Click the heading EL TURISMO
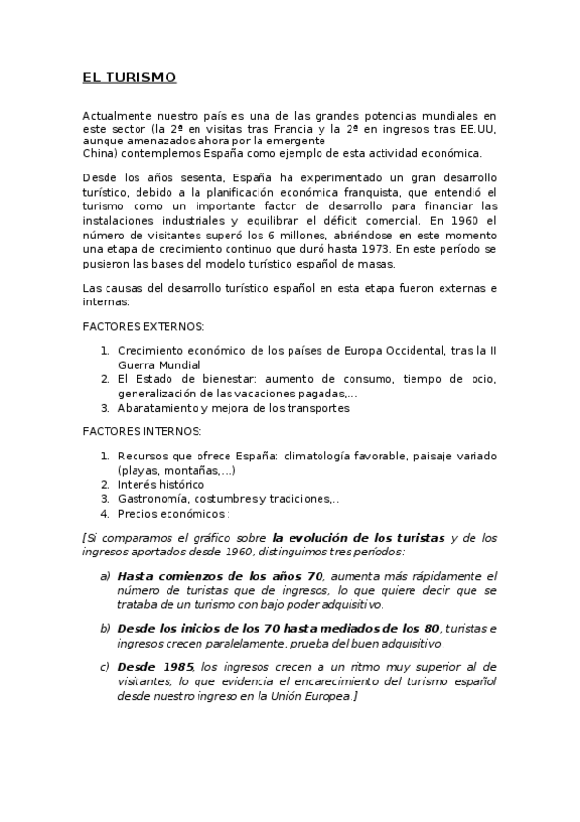click(x=130, y=77)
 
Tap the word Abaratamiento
click(x=161, y=408)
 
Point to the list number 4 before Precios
click(x=104, y=514)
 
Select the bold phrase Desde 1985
click(x=156, y=666)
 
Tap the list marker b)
click(x=105, y=628)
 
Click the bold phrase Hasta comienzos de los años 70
click(x=220, y=576)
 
